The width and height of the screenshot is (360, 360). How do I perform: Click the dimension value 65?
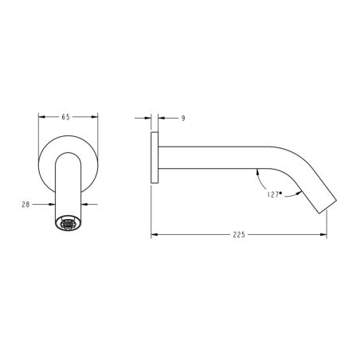coord(65,117)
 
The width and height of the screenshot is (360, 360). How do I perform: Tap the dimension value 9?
coord(183,119)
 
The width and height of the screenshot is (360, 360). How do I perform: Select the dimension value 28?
coord(25,205)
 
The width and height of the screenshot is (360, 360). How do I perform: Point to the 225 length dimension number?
coord(239,235)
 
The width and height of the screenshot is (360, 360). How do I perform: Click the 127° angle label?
coord(274,194)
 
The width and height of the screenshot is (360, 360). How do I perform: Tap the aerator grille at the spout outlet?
coord(68,224)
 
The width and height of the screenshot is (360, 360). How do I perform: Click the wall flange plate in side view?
coord(155,158)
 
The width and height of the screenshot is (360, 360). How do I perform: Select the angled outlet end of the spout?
coord(327,205)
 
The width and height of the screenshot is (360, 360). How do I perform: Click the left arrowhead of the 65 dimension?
coord(42,117)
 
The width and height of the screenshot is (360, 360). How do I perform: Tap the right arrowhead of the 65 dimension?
coord(95,117)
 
